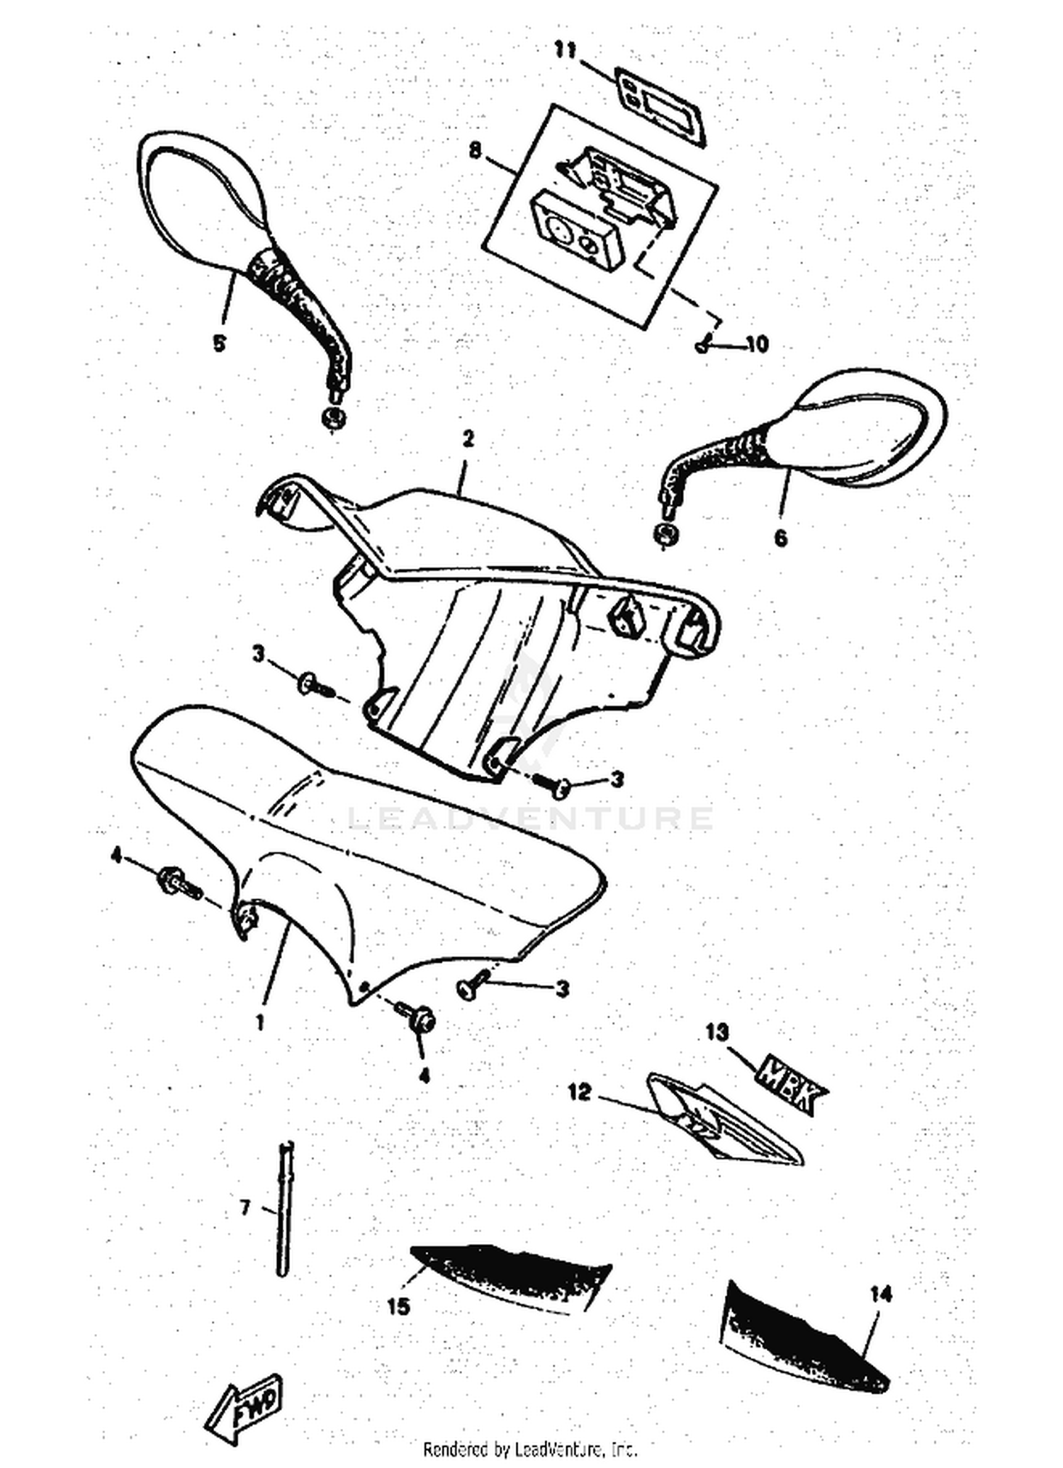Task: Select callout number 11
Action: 566,50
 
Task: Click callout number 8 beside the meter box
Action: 475,149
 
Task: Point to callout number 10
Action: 757,344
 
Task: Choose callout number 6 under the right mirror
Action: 780,538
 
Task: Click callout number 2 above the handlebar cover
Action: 467,439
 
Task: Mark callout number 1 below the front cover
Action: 260,1022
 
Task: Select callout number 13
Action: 717,1032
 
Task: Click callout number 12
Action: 579,1092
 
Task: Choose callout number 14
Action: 880,1294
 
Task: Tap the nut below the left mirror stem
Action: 332,418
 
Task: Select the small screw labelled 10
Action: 702,346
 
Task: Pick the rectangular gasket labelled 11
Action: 658,108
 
